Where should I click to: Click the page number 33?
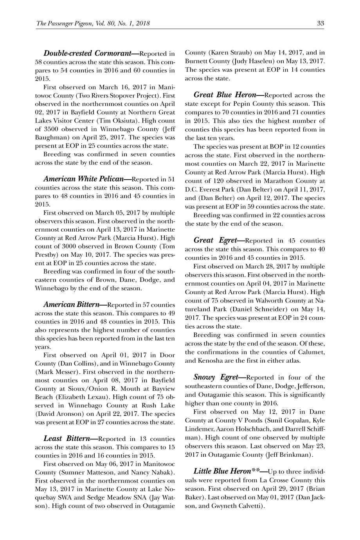click(x=320, y=23)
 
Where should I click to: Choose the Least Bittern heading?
click(x=67, y=439)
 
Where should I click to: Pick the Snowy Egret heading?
click(x=216, y=378)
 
